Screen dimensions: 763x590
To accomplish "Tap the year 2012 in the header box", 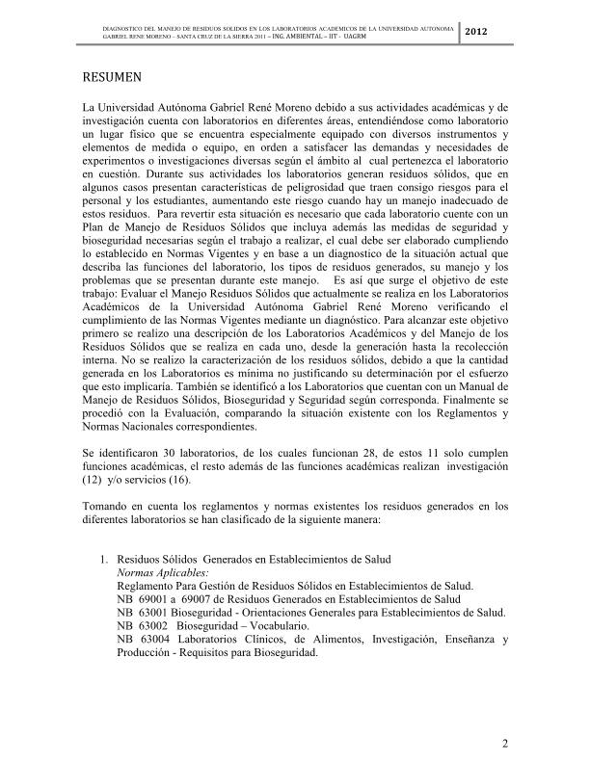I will pos(477,34).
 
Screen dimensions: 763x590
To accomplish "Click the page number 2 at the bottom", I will pos(504,743).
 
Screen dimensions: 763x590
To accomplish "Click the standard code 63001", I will pos(152,612).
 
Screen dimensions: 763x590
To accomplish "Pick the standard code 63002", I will pos(152,625).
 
